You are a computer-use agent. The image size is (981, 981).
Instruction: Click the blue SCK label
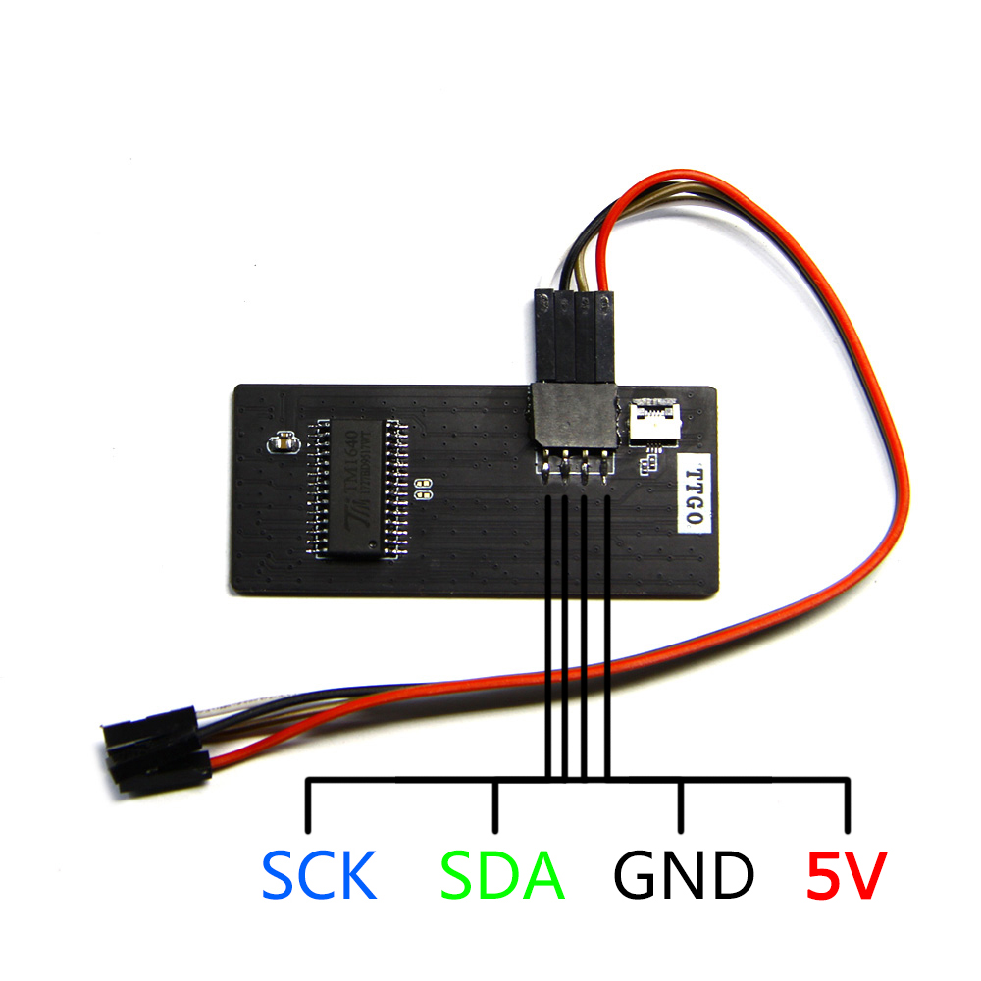(319, 876)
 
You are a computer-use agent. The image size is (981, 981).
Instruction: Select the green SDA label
(502, 876)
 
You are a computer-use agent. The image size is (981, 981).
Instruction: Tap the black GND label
(683, 876)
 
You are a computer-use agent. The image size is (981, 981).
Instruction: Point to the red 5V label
(847, 876)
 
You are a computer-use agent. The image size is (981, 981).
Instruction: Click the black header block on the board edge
(573, 413)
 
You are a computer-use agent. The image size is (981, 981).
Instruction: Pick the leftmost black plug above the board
(544, 334)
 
